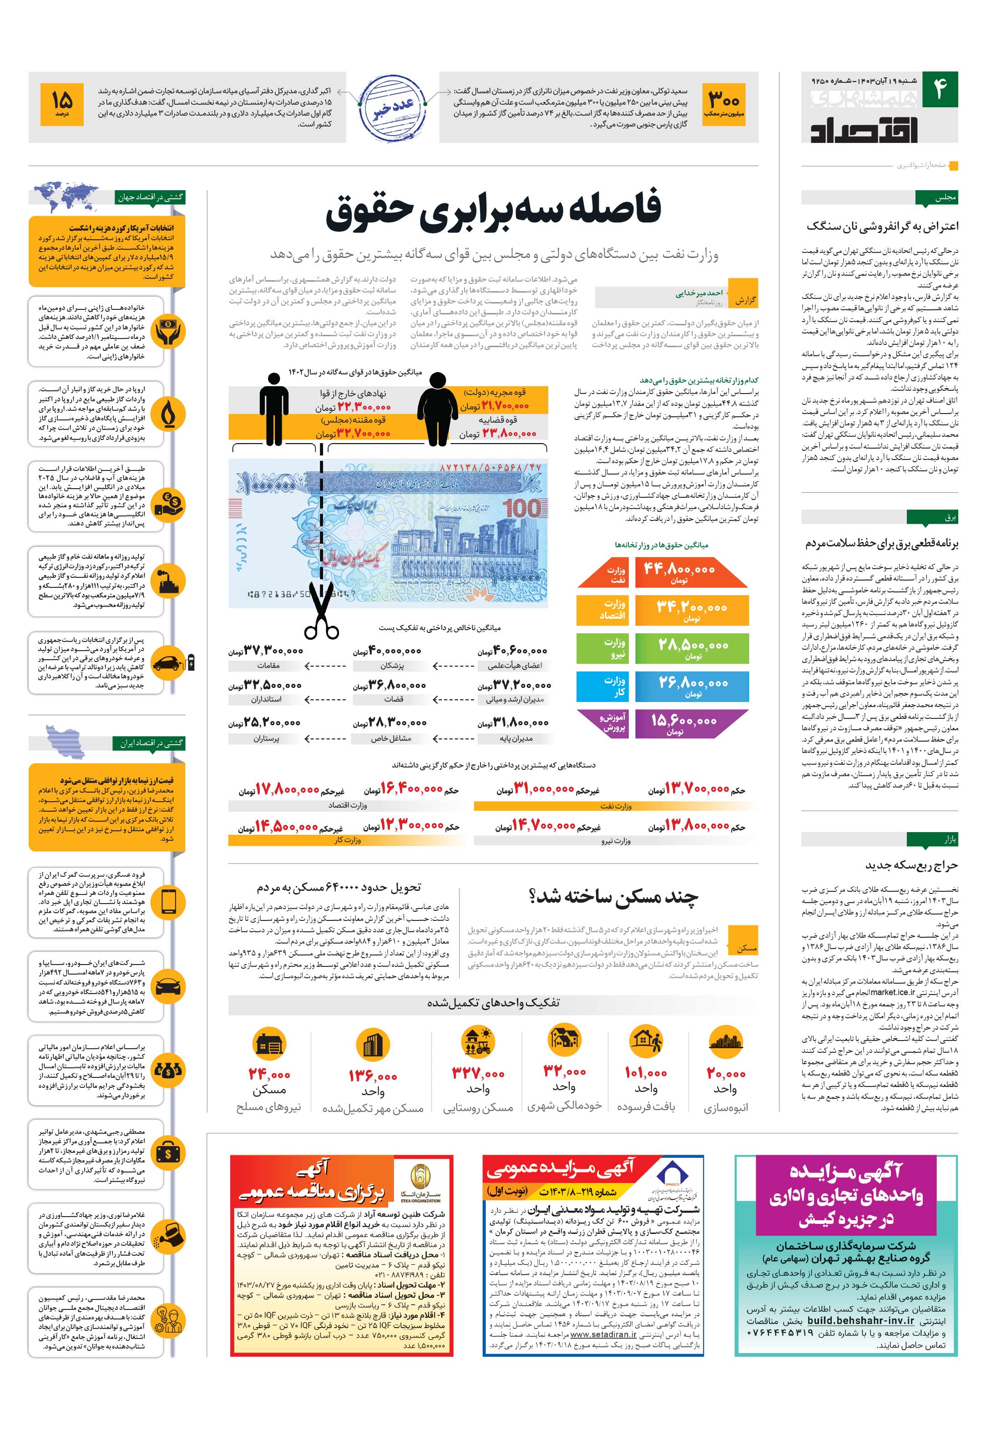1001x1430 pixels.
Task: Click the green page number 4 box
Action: point(939,89)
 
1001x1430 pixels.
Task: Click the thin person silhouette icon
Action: point(273,408)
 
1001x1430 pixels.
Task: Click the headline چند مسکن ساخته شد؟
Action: point(613,898)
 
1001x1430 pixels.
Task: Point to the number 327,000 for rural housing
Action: point(478,1074)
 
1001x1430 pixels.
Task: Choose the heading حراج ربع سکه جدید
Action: point(911,865)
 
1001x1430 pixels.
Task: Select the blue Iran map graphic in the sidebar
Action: point(66,739)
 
